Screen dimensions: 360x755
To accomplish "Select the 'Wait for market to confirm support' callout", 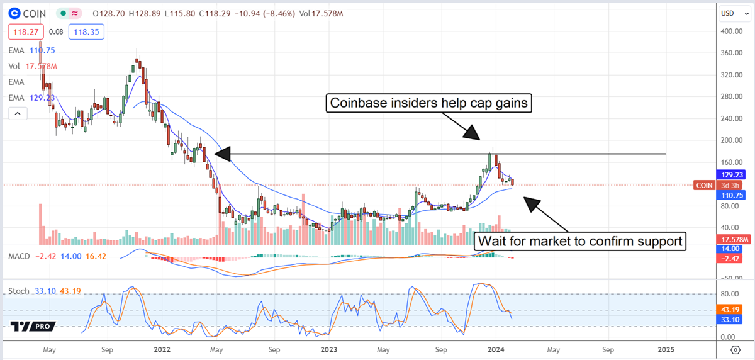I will (x=580, y=241).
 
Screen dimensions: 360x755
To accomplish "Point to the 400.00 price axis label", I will (x=732, y=31).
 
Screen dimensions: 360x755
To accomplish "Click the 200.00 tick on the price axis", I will (x=732, y=140).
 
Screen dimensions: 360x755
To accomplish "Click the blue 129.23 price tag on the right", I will (x=732, y=175).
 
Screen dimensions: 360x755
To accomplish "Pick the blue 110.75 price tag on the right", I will (x=732, y=195).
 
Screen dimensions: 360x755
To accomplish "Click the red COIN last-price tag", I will (x=704, y=185).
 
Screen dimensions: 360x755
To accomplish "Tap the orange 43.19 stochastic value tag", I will (x=732, y=310).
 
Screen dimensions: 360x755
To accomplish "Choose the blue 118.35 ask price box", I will (x=70, y=31).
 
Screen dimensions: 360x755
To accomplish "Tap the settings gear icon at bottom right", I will (x=735, y=349).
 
